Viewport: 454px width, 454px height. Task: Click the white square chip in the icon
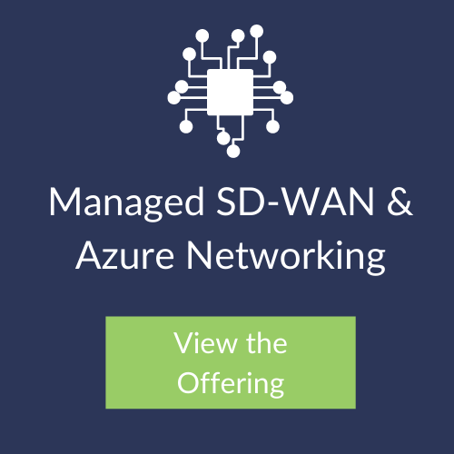point(230,93)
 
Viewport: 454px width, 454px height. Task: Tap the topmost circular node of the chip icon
point(257,31)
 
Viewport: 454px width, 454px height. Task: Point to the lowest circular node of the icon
point(233,151)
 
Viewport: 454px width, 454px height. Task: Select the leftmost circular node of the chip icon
point(174,98)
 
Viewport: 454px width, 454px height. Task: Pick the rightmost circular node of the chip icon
point(287,98)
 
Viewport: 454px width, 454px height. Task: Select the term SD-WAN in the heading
point(295,202)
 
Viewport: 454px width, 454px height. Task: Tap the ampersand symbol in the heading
point(400,202)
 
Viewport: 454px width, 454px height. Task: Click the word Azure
point(124,255)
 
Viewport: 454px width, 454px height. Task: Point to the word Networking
point(286,257)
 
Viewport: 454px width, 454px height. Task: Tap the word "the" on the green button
point(266,342)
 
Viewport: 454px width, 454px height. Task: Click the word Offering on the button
point(231,383)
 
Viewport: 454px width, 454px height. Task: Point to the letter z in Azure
point(110,259)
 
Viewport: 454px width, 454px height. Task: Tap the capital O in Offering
point(190,382)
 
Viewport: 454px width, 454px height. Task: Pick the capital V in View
point(184,343)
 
